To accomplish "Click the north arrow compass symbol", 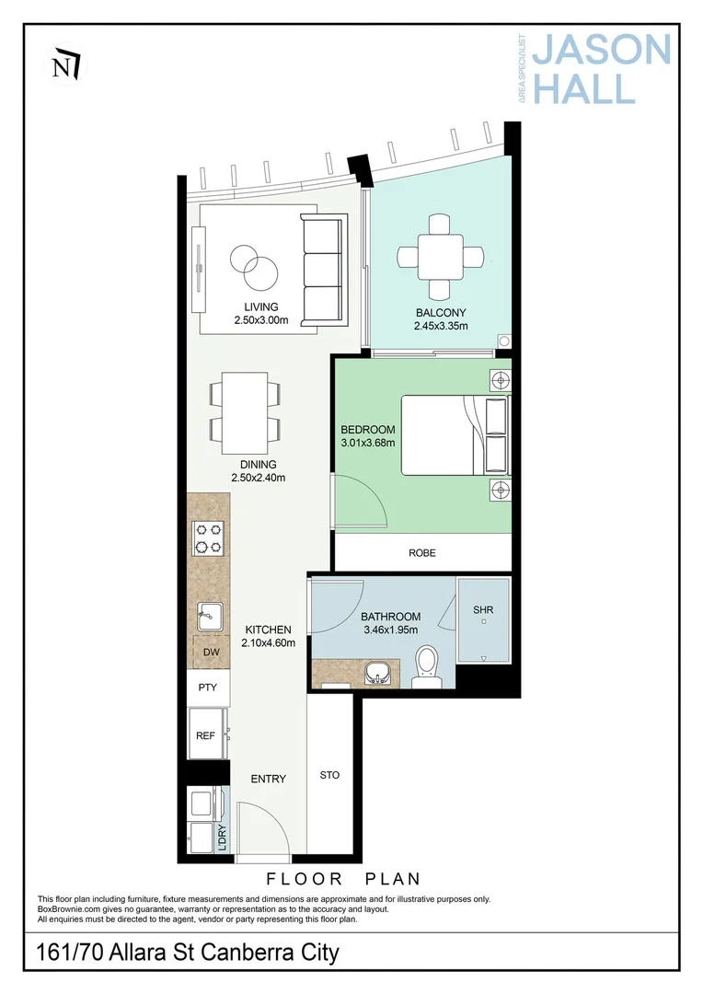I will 66,64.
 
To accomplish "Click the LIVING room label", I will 261,306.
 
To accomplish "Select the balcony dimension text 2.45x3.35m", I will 441,326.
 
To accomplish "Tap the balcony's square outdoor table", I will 441,257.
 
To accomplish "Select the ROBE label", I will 422,553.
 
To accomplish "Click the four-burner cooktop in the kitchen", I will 207,537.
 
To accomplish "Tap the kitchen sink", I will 209,615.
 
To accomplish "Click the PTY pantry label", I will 208,688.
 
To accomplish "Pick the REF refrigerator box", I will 206,734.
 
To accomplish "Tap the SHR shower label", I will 483,610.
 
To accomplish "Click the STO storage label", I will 329,775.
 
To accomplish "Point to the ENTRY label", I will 269,779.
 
